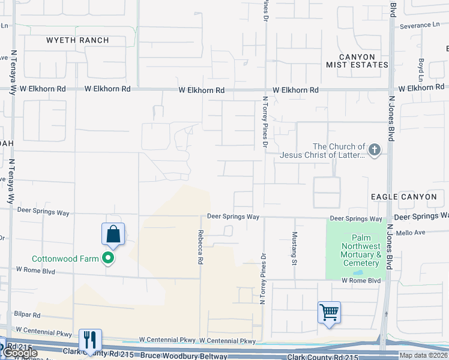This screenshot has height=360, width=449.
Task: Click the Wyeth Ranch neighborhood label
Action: [x=78, y=40]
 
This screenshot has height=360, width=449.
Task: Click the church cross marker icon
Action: [x=375, y=150]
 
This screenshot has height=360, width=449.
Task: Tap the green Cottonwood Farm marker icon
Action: [x=108, y=259]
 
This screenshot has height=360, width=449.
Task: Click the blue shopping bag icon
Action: [x=113, y=235]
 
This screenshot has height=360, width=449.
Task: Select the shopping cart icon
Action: [x=329, y=312]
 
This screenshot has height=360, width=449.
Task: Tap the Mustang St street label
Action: [x=295, y=248]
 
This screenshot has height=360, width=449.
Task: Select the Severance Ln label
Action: [x=420, y=25]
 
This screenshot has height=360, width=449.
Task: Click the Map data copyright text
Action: [x=423, y=355]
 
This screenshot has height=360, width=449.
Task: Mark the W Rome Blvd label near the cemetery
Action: [x=361, y=280]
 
